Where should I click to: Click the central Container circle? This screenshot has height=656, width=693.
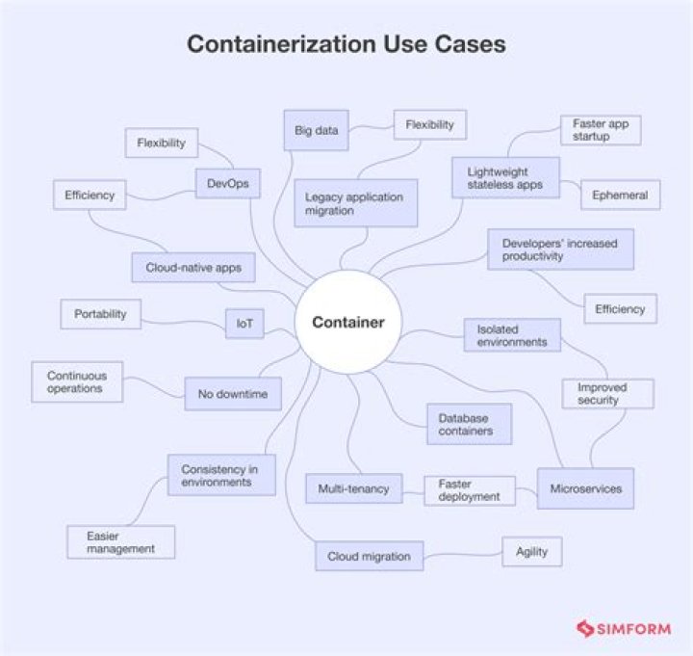347,323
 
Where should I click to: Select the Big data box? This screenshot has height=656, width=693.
316,131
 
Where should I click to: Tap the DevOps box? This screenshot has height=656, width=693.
227,182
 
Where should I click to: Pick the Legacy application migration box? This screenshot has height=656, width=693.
354,203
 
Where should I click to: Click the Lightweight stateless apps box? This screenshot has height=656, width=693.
504,177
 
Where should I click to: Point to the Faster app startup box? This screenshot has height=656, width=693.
601,130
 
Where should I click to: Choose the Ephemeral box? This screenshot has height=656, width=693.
620,195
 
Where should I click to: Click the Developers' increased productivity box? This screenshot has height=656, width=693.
560,249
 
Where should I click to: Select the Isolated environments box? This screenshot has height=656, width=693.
511,334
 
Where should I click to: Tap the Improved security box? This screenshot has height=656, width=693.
607,393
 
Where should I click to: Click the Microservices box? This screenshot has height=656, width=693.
585,488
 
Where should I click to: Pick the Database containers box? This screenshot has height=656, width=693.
468,424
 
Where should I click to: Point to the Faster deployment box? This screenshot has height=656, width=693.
469,489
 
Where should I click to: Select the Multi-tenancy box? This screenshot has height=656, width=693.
353,488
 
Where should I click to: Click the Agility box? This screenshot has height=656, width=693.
531,551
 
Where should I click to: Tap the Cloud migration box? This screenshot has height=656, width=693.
369,556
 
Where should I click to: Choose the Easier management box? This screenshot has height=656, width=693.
121,541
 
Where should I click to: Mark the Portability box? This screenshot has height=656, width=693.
100,314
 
